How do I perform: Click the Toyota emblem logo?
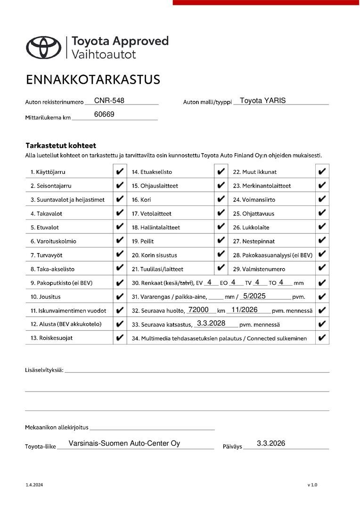coord(43,47)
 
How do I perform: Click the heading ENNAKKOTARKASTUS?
coord(93,79)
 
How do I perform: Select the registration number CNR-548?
coord(109,100)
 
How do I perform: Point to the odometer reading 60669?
coord(104,114)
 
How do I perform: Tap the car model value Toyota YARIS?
coord(262,100)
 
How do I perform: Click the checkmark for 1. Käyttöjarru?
coord(120,172)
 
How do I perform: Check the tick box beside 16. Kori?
coord(221,199)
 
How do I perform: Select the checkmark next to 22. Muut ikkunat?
coord(322,172)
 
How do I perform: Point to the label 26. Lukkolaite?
coord(251,227)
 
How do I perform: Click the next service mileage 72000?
coord(198,310)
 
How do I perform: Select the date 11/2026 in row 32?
coord(244,310)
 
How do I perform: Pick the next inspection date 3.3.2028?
coord(211,323)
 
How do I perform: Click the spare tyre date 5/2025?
coord(254,296)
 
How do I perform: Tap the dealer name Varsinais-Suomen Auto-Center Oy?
coord(124,443)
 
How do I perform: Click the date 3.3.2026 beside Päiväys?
coord(271,443)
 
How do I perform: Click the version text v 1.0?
coord(312,484)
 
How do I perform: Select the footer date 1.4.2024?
coord(34,484)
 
